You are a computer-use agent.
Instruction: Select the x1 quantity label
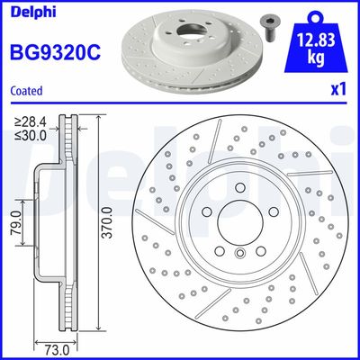click(x=339, y=89)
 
